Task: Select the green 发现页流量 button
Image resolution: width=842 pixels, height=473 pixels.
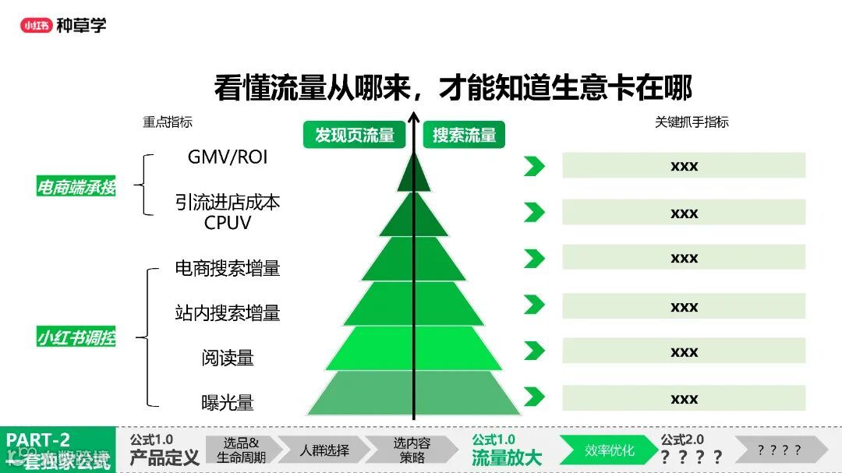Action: [355, 135]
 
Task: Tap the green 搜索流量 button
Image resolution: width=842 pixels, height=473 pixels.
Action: [465, 135]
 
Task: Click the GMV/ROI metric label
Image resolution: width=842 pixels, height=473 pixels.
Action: [228, 157]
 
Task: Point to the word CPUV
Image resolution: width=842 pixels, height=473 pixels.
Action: [228, 223]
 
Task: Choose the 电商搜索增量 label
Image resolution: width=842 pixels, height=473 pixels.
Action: [228, 268]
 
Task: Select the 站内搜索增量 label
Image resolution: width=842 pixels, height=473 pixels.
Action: [228, 313]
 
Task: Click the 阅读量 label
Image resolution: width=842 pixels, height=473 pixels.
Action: [228, 358]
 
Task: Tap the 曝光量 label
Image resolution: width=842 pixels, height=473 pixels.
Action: [228, 403]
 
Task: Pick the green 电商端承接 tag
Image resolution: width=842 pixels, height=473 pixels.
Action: [76, 187]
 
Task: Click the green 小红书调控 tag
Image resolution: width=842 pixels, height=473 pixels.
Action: [76, 338]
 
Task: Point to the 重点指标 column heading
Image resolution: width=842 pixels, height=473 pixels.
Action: [167, 122]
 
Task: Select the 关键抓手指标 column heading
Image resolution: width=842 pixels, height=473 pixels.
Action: [692, 122]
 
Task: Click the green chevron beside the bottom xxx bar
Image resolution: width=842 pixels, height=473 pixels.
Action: [534, 397]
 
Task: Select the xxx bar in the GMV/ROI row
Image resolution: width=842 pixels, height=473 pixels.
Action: [684, 166]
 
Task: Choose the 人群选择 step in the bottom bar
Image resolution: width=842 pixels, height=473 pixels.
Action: [324, 450]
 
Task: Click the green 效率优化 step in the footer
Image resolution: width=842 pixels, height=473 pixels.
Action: [610, 450]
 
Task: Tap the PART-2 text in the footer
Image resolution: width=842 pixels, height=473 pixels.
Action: [39, 440]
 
